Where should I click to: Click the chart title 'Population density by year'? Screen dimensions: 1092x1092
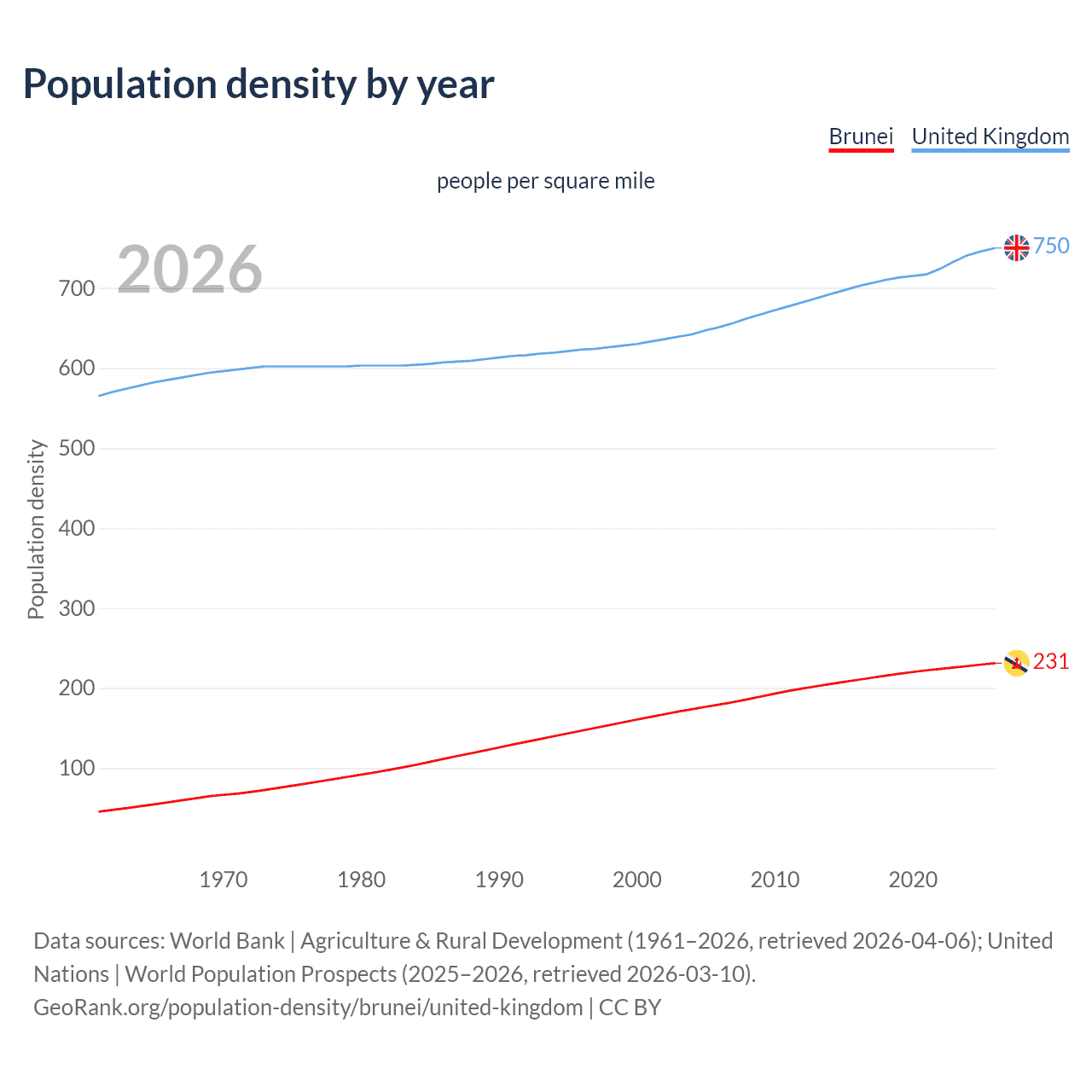tap(258, 84)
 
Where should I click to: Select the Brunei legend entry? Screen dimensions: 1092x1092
tap(861, 137)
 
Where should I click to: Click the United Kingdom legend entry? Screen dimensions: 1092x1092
tap(990, 137)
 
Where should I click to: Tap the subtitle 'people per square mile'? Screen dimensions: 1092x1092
tap(545, 182)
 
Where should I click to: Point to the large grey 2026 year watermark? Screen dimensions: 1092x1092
tap(189, 270)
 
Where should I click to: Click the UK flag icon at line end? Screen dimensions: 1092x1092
tap(1016, 247)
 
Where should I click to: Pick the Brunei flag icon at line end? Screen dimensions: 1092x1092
tap(1016, 663)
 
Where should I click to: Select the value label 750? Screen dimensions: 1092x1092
tap(1051, 247)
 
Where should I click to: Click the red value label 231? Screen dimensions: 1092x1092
tap(1051, 662)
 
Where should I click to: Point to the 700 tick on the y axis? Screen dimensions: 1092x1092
tap(77, 288)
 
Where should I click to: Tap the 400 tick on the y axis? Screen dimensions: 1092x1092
tap(77, 528)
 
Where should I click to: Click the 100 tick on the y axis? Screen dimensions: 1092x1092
tap(77, 769)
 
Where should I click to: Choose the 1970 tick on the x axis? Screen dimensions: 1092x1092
tap(224, 880)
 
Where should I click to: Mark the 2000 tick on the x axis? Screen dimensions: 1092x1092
tap(637, 880)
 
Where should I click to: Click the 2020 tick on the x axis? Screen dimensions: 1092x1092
tap(913, 880)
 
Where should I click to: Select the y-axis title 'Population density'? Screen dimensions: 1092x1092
tap(36, 529)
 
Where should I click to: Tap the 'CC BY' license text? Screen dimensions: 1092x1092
tap(630, 1008)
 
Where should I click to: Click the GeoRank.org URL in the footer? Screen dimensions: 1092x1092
tap(308, 1008)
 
